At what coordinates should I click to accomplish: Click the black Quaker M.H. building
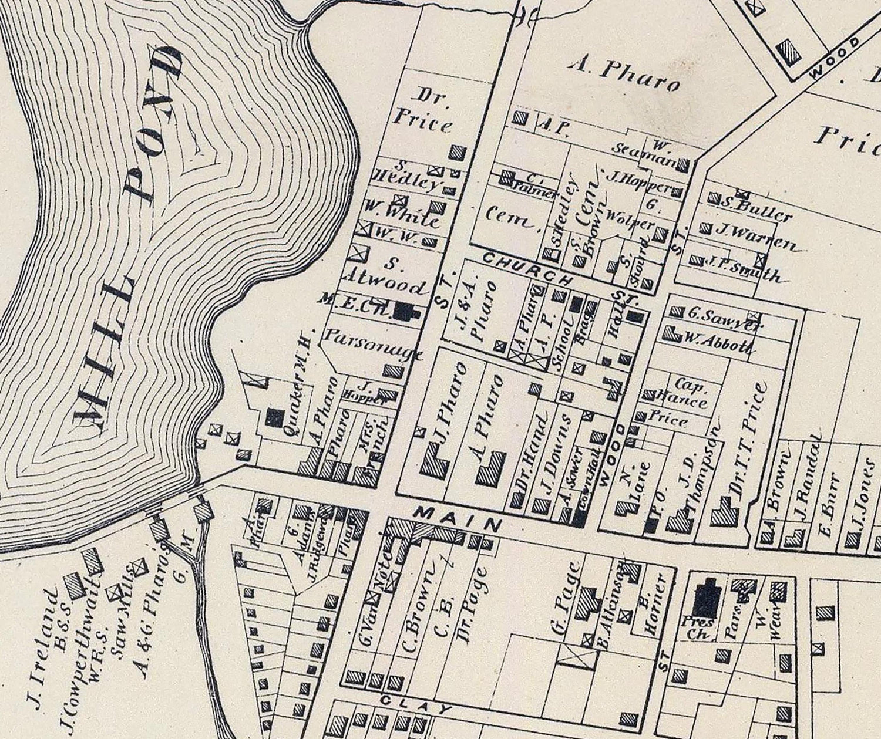(x=274, y=417)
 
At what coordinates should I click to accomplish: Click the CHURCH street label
(x=526, y=267)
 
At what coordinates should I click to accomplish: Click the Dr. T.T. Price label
(x=749, y=446)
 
